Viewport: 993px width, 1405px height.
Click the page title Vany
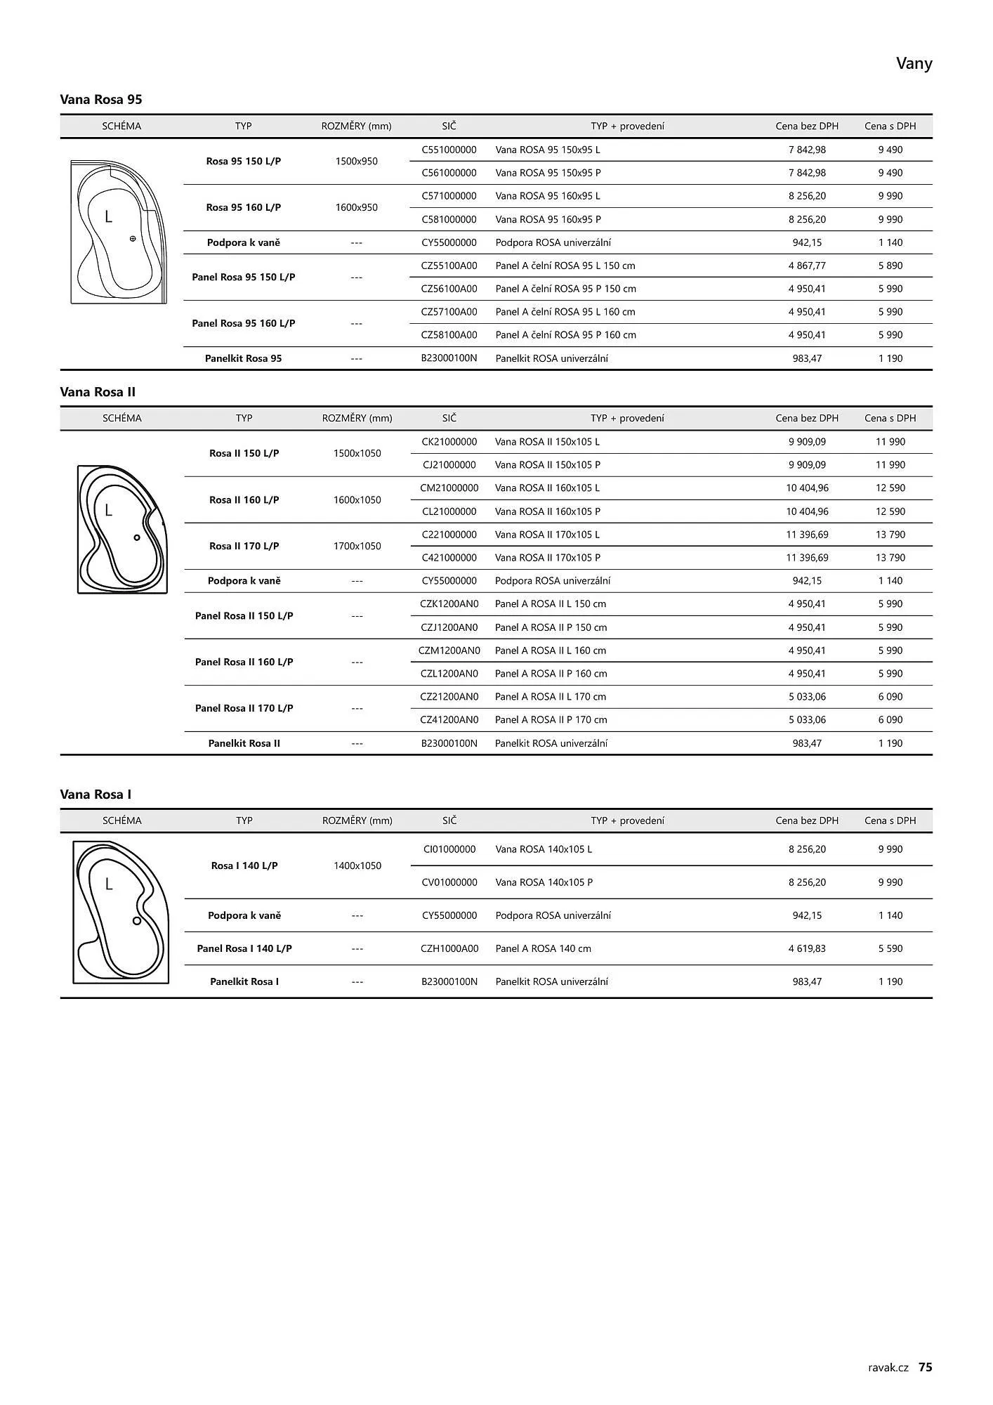(914, 64)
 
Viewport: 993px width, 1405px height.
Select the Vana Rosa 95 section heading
(101, 99)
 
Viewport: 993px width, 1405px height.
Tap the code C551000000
(449, 150)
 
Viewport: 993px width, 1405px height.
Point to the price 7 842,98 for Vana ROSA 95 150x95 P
(807, 173)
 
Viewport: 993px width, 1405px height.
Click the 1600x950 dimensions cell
(357, 207)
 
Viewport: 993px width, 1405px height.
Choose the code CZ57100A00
(449, 312)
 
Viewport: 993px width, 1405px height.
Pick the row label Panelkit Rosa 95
(243, 358)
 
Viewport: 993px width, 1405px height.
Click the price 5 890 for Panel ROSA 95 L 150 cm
(890, 266)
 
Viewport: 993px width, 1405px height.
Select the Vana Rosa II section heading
(98, 392)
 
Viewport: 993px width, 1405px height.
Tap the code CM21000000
(449, 488)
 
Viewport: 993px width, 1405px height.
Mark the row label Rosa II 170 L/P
(244, 546)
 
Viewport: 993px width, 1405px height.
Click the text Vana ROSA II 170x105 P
(548, 558)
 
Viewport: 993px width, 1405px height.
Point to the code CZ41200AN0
(449, 720)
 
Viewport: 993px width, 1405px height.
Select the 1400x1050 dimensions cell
(357, 865)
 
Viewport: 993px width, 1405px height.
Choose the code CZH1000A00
(449, 948)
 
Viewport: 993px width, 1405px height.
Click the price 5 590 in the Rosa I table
(890, 948)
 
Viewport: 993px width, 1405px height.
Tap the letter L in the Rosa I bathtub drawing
(109, 884)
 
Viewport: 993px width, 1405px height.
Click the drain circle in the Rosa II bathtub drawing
(137, 538)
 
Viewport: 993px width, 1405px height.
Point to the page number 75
(926, 1367)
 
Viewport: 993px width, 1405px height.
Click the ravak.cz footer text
(888, 1368)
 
